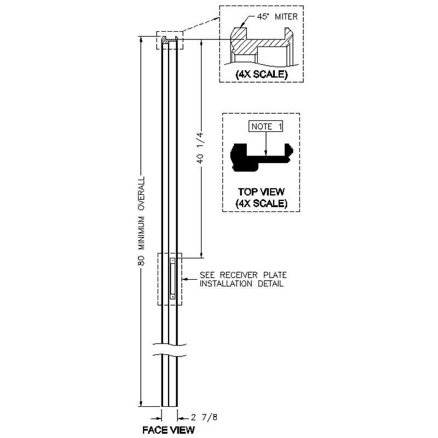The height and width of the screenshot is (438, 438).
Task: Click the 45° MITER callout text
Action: [x=277, y=17]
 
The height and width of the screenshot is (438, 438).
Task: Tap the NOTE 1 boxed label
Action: [x=266, y=126]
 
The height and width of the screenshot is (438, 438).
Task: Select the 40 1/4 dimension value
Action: [x=200, y=148]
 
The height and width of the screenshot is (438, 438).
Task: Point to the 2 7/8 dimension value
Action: [x=204, y=417]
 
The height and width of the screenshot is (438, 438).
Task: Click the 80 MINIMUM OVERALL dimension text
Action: [x=142, y=221]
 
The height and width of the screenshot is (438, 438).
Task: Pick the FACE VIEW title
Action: [x=169, y=430]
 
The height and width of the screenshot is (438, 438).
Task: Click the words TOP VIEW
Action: [x=261, y=192]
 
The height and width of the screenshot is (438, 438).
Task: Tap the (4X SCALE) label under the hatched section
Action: [x=262, y=74]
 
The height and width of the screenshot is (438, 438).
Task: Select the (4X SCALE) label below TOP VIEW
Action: [x=262, y=203]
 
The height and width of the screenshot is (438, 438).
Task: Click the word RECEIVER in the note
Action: [x=239, y=275]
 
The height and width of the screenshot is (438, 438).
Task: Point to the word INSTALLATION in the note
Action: [x=226, y=284]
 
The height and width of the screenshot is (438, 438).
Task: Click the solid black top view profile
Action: [x=262, y=157]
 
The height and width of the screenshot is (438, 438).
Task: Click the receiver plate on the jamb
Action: [x=172, y=279]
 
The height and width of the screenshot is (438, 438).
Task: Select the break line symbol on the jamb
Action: [x=169, y=350]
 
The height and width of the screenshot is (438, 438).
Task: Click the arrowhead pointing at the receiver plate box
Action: [x=185, y=279]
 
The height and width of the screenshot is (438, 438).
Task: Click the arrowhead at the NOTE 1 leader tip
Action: [x=266, y=153]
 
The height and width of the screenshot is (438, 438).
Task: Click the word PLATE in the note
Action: [x=275, y=275]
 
